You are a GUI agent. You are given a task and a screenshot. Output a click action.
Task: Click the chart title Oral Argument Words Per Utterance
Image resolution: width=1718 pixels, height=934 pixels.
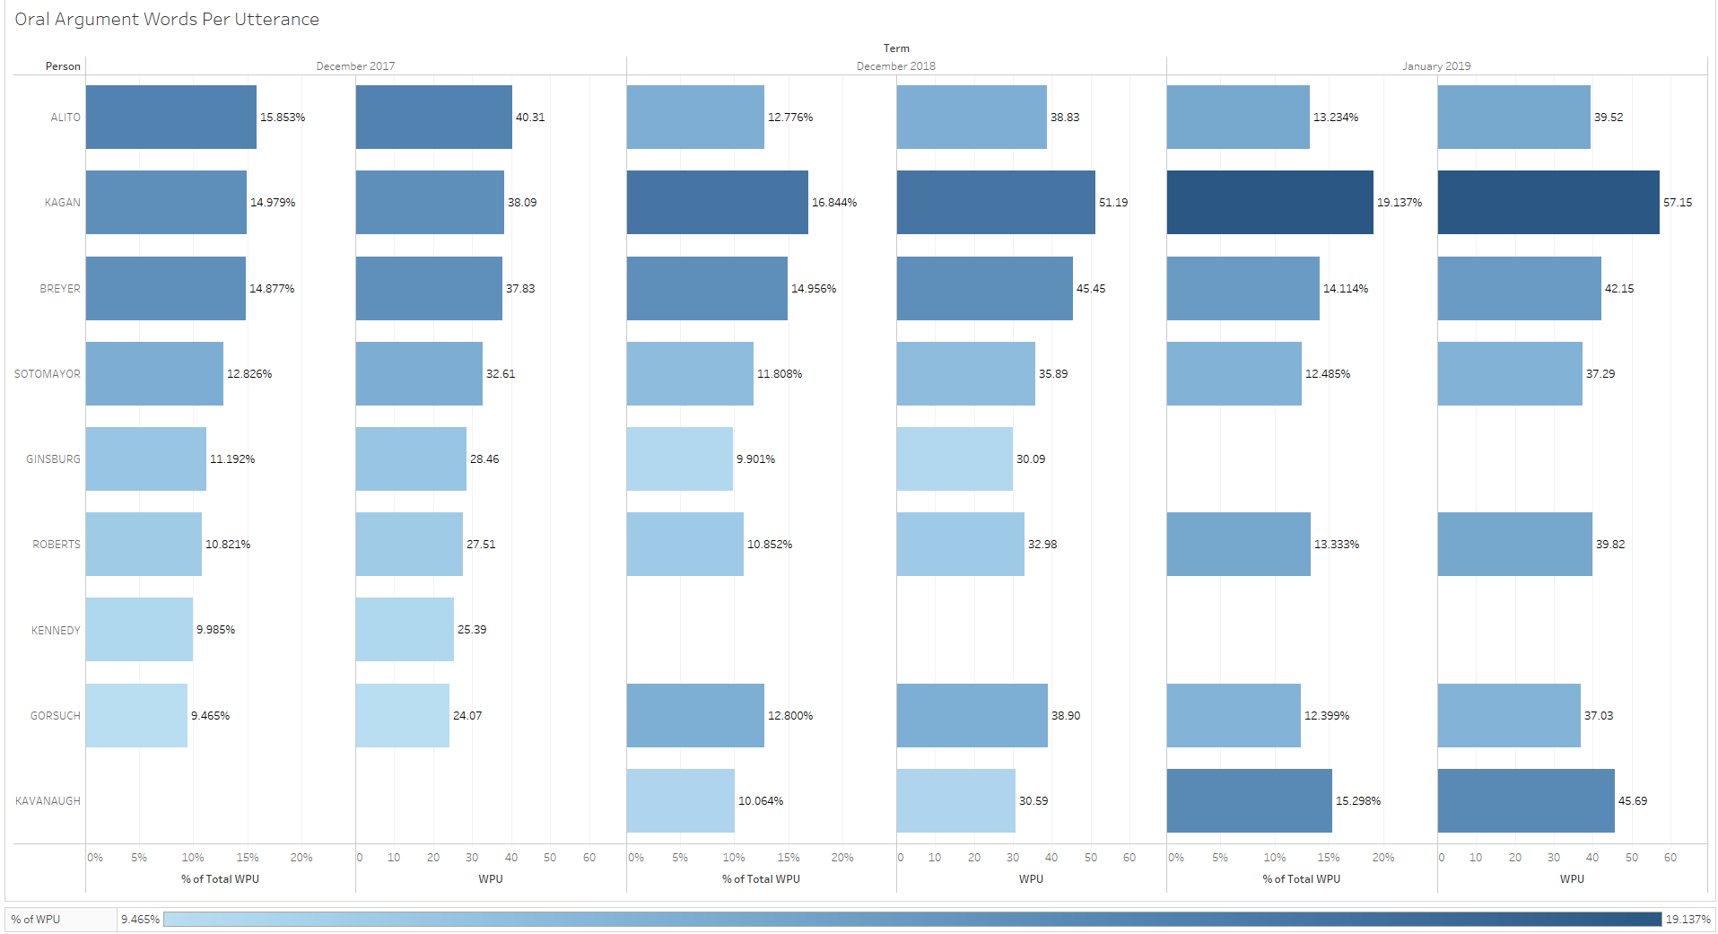pos(167,19)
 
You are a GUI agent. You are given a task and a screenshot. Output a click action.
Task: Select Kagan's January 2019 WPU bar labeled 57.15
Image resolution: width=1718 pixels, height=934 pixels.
pos(1548,203)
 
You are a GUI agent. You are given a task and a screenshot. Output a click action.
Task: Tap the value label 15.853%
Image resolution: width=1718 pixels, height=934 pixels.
pos(283,118)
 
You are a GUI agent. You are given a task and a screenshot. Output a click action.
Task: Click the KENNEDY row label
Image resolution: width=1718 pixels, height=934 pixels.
pos(56,631)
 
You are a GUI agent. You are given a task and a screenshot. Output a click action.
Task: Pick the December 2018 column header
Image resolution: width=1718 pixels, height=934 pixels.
pos(895,66)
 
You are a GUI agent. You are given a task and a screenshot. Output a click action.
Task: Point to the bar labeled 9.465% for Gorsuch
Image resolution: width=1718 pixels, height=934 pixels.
pos(136,715)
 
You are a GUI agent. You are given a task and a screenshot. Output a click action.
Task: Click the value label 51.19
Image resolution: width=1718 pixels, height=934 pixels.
pos(1113,203)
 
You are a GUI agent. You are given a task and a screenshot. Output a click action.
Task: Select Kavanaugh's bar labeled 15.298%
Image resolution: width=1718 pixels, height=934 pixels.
pos(1249,800)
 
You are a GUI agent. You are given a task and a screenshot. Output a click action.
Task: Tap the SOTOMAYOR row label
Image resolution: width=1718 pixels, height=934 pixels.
pos(48,374)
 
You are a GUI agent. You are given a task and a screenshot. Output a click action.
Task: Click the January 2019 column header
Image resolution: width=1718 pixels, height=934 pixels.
pos(1435,66)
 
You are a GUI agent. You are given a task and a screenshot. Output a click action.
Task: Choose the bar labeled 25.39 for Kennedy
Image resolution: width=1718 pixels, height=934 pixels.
pos(405,630)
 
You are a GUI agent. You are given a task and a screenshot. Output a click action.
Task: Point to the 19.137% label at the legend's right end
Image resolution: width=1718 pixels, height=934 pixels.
pos(1687,920)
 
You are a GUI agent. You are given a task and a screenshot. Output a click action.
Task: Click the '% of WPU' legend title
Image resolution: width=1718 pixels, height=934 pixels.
pos(36,920)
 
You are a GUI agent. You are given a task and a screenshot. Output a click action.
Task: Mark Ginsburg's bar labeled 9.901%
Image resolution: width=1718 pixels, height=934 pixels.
pos(679,459)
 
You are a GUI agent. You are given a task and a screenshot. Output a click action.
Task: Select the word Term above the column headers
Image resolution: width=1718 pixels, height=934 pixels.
pos(895,48)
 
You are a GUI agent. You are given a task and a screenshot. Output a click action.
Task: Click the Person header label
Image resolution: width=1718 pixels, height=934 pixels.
pos(63,66)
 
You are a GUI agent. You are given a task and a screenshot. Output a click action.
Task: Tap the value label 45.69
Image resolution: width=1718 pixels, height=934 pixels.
pos(1632,801)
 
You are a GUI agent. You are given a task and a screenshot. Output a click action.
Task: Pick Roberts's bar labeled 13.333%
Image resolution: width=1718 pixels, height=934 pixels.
pos(1238,545)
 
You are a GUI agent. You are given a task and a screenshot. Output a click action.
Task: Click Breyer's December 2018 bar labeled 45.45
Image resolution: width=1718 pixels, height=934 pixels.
pos(984,289)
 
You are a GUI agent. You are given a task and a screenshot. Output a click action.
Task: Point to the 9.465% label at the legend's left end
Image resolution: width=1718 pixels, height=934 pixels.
pos(140,920)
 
